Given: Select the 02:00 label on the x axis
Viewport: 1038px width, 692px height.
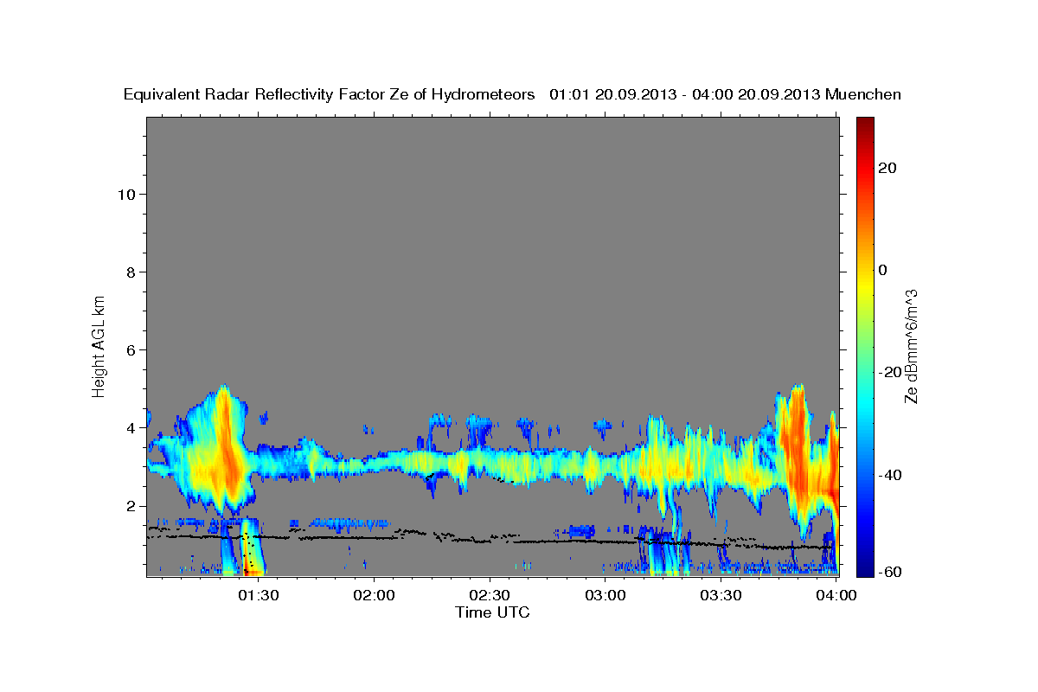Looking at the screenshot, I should (375, 595).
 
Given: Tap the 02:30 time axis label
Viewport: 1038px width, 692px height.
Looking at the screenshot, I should (490, 595).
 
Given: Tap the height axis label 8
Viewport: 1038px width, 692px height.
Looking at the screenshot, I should (131, 272).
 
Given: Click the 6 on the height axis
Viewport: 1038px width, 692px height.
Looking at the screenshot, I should (131, 349).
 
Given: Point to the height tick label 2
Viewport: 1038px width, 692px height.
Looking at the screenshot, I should (131, 506).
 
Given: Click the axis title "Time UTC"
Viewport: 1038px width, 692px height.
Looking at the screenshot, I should (492, 612).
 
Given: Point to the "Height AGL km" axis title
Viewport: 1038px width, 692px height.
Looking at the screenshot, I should (99, 345).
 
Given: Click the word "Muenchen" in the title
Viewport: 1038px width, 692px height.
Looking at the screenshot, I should (863, 94).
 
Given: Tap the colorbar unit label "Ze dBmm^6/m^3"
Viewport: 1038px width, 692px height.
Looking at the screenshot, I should (911, 345).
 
